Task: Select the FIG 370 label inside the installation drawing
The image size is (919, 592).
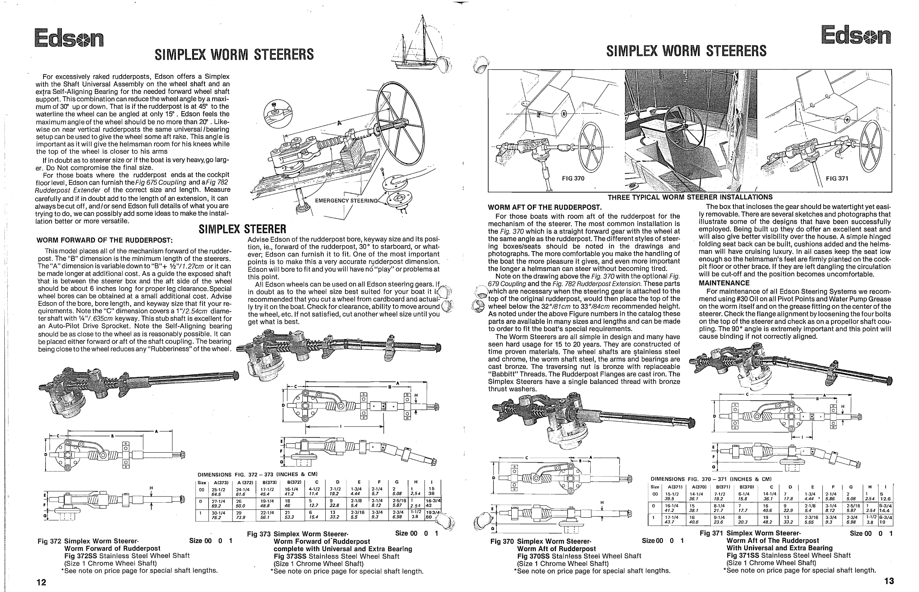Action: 573,179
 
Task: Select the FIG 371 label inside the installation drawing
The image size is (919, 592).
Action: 837,179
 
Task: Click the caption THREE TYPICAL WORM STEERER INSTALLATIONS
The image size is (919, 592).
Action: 690,197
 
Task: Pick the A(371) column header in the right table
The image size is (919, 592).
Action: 675,487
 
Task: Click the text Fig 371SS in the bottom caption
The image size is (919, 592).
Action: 743,555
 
